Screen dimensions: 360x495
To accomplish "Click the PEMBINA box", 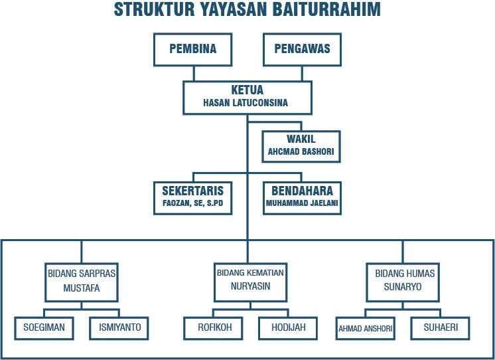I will (193, 50).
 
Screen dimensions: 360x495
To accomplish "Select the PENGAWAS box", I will (302, 50).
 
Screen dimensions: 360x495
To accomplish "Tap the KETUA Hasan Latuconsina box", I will (247, 97).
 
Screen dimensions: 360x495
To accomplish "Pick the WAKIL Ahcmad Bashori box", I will (301, 145).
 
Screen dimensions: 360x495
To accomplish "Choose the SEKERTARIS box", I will (193, 197).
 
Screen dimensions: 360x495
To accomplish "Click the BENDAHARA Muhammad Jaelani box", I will (302, 197).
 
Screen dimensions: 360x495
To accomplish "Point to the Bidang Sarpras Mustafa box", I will (82, 281).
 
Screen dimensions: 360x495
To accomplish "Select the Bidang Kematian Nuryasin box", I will (250, 281).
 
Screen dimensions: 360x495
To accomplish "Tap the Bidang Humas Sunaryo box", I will (403, 281).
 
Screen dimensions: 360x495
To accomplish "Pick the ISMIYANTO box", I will (119, 327).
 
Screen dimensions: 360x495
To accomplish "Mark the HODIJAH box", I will (287, 327).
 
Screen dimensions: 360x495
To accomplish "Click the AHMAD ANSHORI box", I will (366, 328).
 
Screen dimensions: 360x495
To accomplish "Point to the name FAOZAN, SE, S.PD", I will (193, 203).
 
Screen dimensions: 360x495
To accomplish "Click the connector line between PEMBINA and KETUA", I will (193, 73).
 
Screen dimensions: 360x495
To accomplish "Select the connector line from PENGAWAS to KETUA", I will (302, 73).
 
